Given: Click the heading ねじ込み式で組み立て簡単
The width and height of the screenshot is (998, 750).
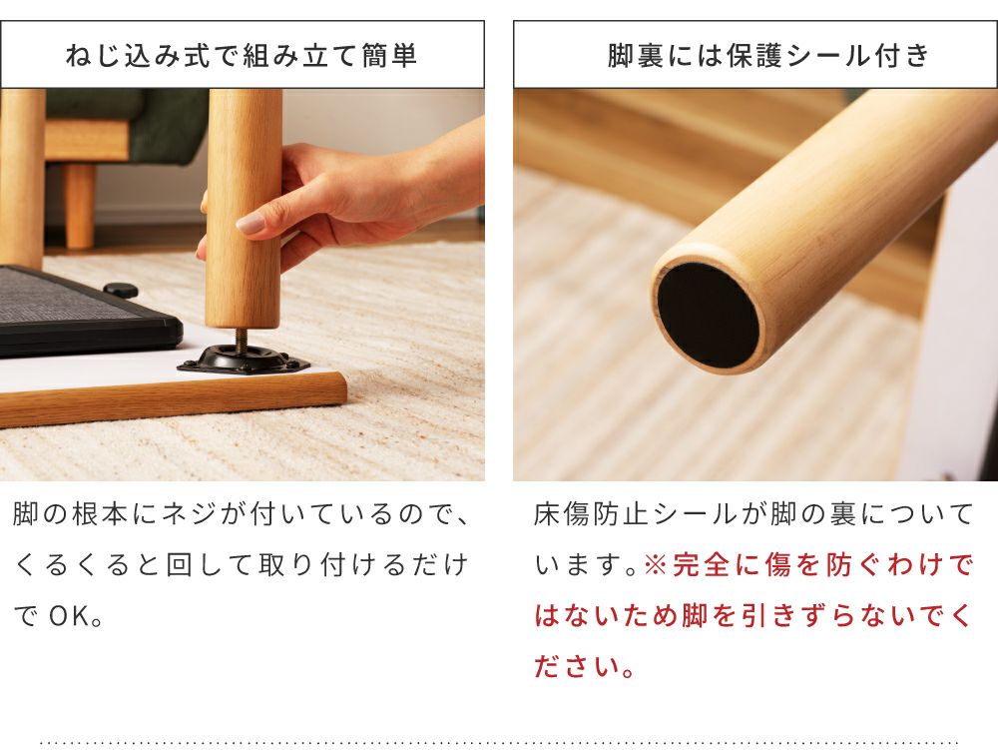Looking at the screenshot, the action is [x=242, y=55].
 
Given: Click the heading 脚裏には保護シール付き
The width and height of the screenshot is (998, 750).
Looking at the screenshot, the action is [x=768, y=55].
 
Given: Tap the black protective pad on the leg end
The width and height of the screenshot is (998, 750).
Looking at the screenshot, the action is [x=709, y=315].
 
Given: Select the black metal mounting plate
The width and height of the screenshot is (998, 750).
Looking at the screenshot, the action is [x=244, y=361].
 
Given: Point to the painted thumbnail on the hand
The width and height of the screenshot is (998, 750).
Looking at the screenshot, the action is [x=249, y=223].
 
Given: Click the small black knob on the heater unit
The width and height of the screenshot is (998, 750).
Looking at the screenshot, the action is [x=121, y=291].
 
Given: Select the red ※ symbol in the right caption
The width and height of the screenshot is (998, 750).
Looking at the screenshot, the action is [x=655, y=564].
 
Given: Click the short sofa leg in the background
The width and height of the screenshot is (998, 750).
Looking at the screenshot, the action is [x=80, y=205].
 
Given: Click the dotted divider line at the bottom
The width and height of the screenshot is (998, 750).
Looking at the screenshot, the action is [x=499, y=742].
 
